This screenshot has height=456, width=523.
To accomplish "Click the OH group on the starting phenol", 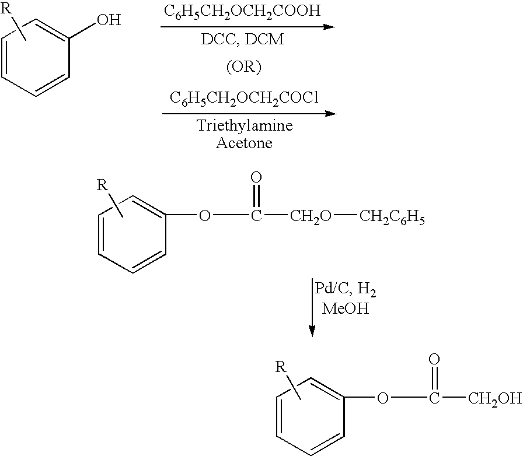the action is [109, 20].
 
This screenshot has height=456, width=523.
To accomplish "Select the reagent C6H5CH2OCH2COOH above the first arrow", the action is [242, 11].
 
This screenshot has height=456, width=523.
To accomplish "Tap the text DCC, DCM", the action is [242, 39].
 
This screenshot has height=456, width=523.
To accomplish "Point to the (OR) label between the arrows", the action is [244, 67].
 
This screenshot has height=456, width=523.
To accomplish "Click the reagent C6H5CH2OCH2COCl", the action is [245, 99].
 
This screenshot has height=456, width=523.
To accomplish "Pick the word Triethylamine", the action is [245, 125].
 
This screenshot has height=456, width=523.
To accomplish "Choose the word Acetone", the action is [244, 143].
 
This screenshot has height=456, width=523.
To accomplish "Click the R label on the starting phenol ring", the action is [6, 8].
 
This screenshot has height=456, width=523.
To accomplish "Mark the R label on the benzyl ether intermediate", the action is [103, 184].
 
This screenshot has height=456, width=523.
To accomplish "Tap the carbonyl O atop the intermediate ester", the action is [256, 177].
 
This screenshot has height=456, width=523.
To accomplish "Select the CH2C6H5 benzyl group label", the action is [392, 218].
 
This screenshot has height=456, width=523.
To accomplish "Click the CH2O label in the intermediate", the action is [311, 218].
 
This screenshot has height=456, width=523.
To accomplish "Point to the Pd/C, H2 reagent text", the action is [346, 289].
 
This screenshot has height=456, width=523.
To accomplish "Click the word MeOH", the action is [346, 308].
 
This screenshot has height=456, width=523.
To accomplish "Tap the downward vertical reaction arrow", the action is [312, 307].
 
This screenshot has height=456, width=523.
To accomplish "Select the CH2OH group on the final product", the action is [495, 398].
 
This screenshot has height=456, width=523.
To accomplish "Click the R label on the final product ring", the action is [281, 367].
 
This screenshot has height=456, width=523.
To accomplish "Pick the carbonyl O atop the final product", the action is [434, 359].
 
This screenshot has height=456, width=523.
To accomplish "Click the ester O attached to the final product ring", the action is [383, 398].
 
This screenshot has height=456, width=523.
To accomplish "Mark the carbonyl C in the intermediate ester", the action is [256, 216].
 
